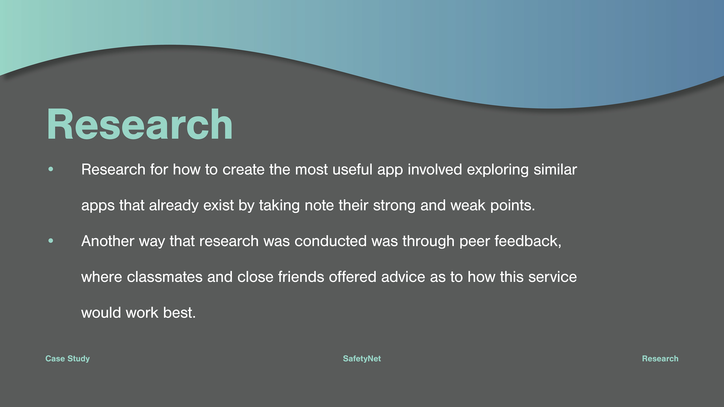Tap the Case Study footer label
pos(67,359)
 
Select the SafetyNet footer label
pos(362,359)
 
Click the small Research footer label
pos(660,359)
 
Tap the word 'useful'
pos(352,169)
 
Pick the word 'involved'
pos(435,169)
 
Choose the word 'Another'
pos(108,241)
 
